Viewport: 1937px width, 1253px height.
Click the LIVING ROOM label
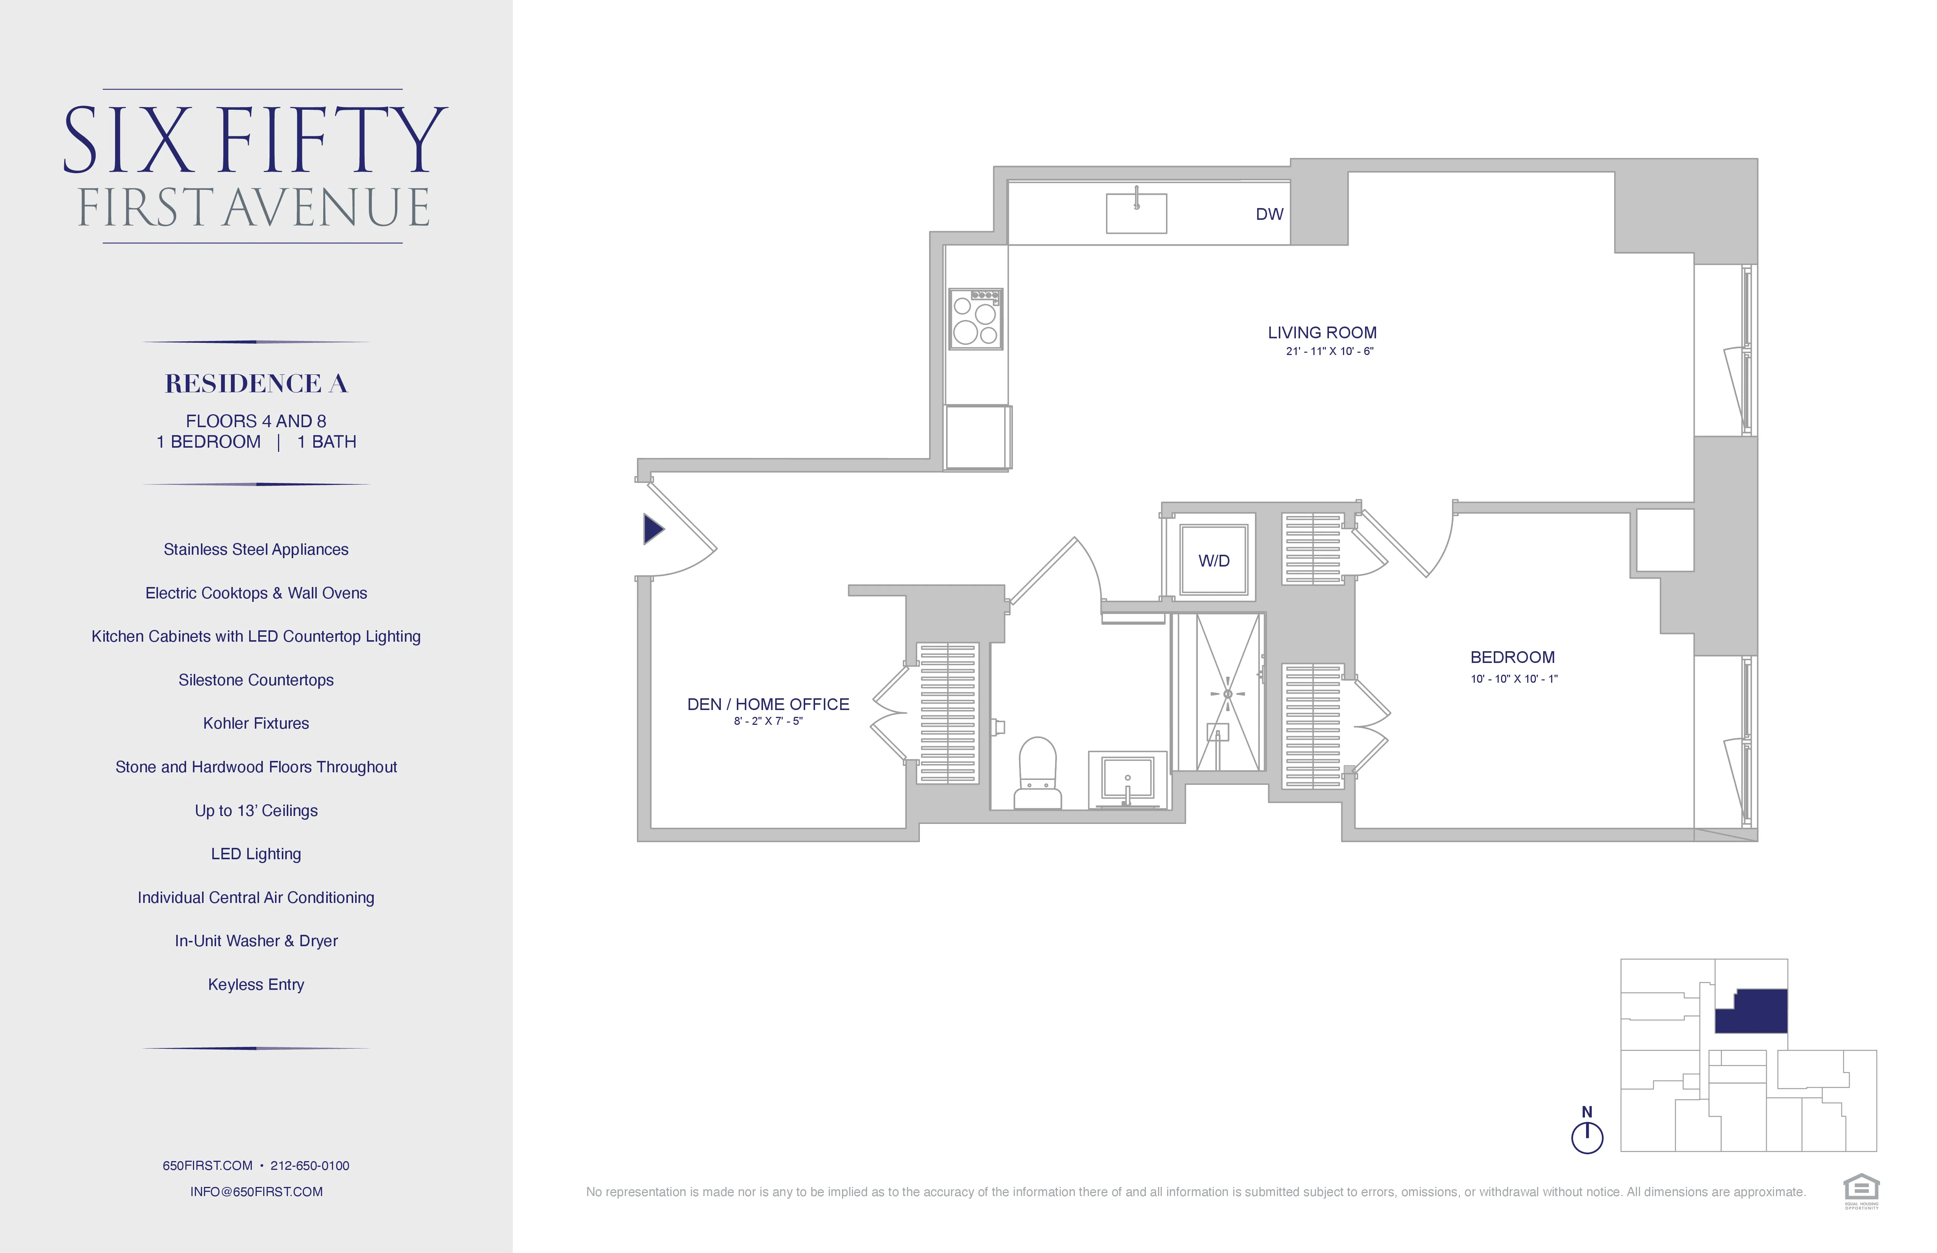1322,333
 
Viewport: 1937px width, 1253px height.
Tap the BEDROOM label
1512,657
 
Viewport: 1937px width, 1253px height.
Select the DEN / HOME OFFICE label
768,705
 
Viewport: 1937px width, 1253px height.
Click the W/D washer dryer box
1213,560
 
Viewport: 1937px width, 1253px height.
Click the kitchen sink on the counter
1136,213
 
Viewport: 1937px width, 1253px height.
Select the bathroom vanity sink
1127,779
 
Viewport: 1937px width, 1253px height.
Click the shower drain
1227,694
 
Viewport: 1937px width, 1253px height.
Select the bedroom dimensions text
1514,679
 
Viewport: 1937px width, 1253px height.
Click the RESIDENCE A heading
256,383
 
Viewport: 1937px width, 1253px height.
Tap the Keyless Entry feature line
256,985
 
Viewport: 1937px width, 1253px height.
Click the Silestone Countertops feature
256,680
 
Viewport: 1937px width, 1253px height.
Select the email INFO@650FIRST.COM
256,1192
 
